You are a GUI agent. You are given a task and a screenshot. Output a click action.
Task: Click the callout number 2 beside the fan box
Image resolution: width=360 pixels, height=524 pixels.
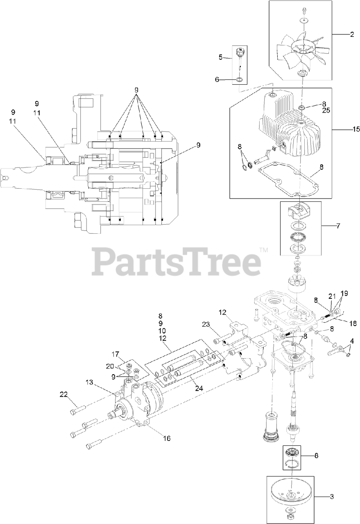click(351, 34)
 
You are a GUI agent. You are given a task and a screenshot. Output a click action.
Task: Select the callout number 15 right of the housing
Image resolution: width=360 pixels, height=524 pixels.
click(355, 129)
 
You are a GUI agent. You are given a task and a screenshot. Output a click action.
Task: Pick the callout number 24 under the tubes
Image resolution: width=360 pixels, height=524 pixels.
click(199, 388)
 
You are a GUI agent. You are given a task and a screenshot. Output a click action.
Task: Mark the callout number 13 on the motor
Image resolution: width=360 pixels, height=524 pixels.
click(90, 382)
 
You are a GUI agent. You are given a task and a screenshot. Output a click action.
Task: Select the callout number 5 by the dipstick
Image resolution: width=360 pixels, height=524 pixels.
click(220, 57)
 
